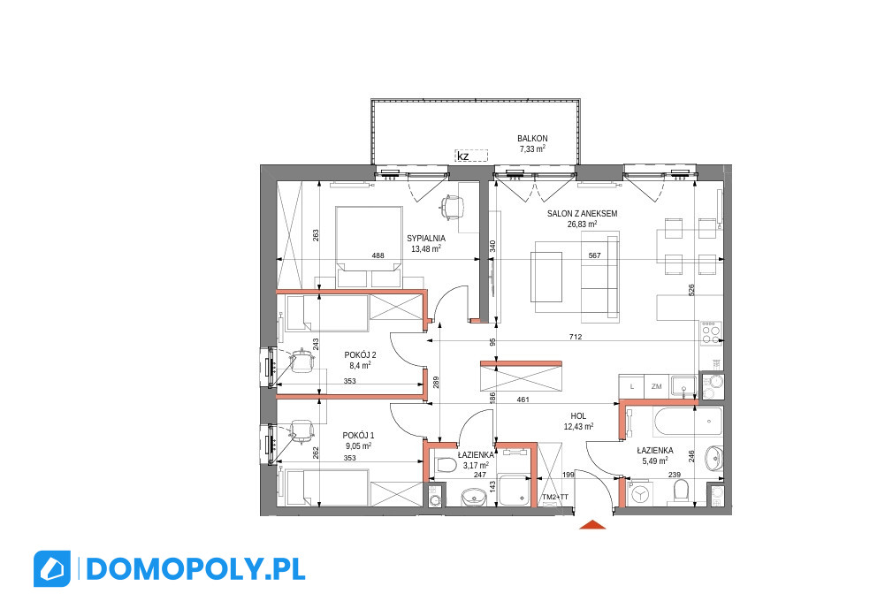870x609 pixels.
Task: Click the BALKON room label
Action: click(x=532, y=139)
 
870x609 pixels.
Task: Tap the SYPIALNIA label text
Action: click(x=426, y=239)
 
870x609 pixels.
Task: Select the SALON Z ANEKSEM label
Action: click(x=582, y=214)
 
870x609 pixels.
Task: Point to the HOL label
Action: click(x=578, y=416)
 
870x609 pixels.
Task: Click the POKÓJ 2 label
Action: click(x=360, y=355)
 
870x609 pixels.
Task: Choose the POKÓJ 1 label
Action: click(x=358, y=436)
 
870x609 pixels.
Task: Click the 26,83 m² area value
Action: click(x=582, y=225)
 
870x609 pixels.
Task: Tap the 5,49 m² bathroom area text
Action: click(x=655, y=461)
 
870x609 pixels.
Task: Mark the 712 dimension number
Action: click(x=576, y=337)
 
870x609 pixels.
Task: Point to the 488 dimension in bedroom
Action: click(x=378, y=255)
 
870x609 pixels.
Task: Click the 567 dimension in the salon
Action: click(x=594, y=255)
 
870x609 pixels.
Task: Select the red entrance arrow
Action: click(x=592, y=525)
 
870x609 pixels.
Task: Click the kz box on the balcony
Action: click(x=471, y=156)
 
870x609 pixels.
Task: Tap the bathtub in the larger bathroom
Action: click(x=688, y=422)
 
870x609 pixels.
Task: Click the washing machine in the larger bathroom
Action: click(x=641, y=492)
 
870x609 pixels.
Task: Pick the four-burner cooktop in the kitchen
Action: click(x=711, y=333)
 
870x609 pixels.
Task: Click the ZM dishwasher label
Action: click(x=656, y=386)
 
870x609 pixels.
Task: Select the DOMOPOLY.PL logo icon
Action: click(x=52, y=568)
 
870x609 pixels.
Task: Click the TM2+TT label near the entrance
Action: click(x=555, y=497)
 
